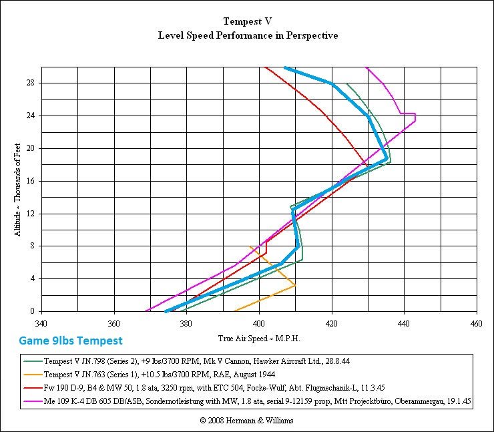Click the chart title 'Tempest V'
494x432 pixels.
click(248, 21)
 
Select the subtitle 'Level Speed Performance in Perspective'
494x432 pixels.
click(248, 35)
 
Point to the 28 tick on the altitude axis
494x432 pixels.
click(31, 83)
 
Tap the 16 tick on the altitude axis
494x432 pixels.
click(31, 181)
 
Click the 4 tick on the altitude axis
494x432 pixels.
click(33, 278)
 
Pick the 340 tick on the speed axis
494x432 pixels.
click(41, 324)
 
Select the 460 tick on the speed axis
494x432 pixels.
click(476, 324)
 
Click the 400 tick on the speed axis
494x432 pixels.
click(259, 324)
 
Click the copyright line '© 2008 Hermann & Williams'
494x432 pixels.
click(246, 421)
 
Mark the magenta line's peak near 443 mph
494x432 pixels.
click(415, 118)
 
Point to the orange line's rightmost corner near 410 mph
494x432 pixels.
click(295, 286)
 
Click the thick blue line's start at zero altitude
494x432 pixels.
click(165, 311)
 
